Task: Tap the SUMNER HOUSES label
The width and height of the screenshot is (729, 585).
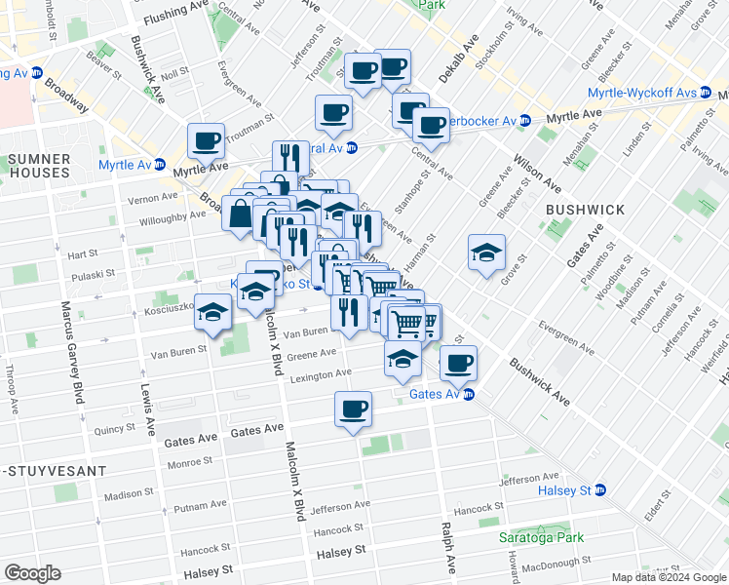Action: pyautogui.click(x=39, y=165)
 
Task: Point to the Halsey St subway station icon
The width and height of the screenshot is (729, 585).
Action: pyautogui.click(x=600, y=489)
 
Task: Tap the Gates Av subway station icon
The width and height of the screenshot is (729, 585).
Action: pyautogui.click(x=469, y=394)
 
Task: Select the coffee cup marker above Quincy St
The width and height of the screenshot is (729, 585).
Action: pyautogui.click(x=353, y=408)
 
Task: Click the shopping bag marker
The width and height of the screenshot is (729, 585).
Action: pyautogui.click(x=240, y=213)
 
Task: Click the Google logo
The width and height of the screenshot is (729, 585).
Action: pyautogui.click(x=33, y=572)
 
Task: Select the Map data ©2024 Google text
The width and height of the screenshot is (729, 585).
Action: pyautogui.click(x=668, y=577)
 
